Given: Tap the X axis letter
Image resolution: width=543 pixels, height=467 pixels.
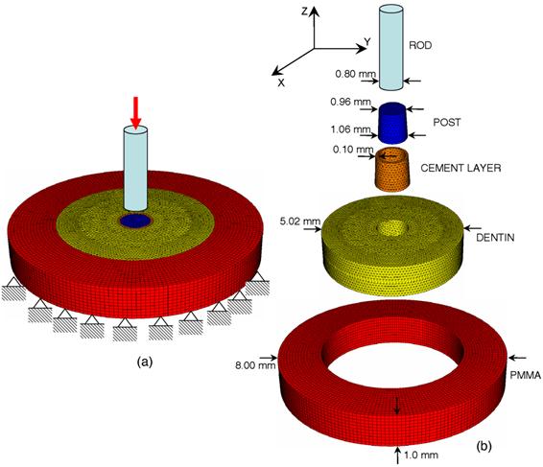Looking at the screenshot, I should [281, 82].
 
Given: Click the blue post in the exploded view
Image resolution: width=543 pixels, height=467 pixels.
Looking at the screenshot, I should [394, 121].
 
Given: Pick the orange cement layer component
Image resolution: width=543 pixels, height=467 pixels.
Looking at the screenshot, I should [393, 169].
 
